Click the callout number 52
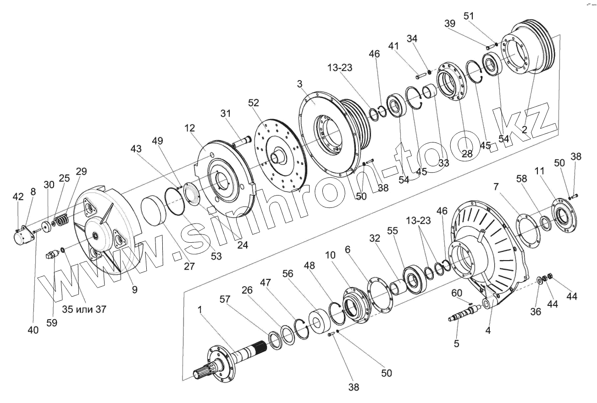click(254, 104)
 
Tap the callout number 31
click(226, 113)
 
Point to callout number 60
click(457, 293)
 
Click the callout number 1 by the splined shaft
click(200, 310)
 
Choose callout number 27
click(188, 266)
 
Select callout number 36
click(536, 312)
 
